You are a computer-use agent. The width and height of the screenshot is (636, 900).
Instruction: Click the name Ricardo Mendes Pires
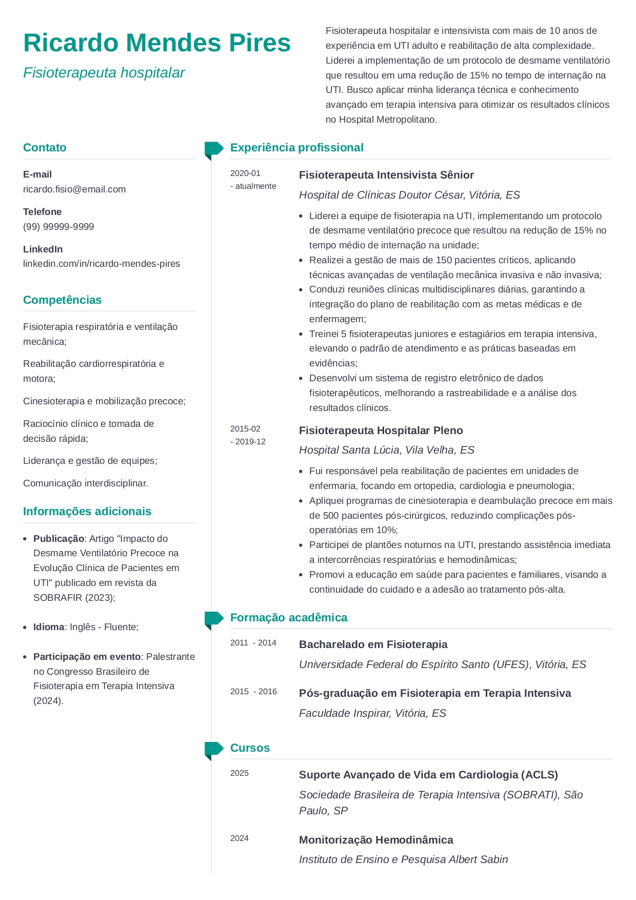pos(157,43)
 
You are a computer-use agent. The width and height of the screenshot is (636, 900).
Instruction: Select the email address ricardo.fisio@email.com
pos(74,189)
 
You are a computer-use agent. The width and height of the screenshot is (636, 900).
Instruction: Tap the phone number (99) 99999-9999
pos(58,227)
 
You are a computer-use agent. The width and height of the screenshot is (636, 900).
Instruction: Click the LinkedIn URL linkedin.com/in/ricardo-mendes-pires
pos(102,264)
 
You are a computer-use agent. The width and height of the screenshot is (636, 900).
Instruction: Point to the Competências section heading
pos(62,300)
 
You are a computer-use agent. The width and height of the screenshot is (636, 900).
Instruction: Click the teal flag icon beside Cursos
pos(213,750)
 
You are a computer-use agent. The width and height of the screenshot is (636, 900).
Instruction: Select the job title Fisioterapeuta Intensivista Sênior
pos(386,175)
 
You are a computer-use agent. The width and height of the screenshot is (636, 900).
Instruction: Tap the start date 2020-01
pos(245,173)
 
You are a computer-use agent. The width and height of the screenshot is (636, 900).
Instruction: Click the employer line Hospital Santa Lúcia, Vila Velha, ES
pos(386,450)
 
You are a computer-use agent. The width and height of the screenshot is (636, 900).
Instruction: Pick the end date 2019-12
pos(250,442)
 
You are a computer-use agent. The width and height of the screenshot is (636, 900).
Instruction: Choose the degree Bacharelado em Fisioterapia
pos(373,644)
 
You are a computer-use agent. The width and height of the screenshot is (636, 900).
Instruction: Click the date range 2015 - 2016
pos(253,692)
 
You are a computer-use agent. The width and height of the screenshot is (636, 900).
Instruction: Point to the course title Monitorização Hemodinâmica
pos(376,840)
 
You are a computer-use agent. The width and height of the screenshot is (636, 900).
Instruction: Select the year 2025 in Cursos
pos(240,773)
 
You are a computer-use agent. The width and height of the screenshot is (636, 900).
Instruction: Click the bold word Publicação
pos(58,539)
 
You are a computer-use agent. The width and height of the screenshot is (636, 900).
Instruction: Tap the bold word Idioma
pos(49,627)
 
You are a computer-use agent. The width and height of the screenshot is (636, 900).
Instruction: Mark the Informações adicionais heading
pos(87,512)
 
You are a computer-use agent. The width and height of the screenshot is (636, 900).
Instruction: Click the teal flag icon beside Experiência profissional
pos(213,149)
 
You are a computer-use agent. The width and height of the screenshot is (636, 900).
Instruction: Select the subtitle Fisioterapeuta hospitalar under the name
pos(104,73)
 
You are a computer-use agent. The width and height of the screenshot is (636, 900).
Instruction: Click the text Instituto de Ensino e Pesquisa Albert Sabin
pos(403,859)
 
